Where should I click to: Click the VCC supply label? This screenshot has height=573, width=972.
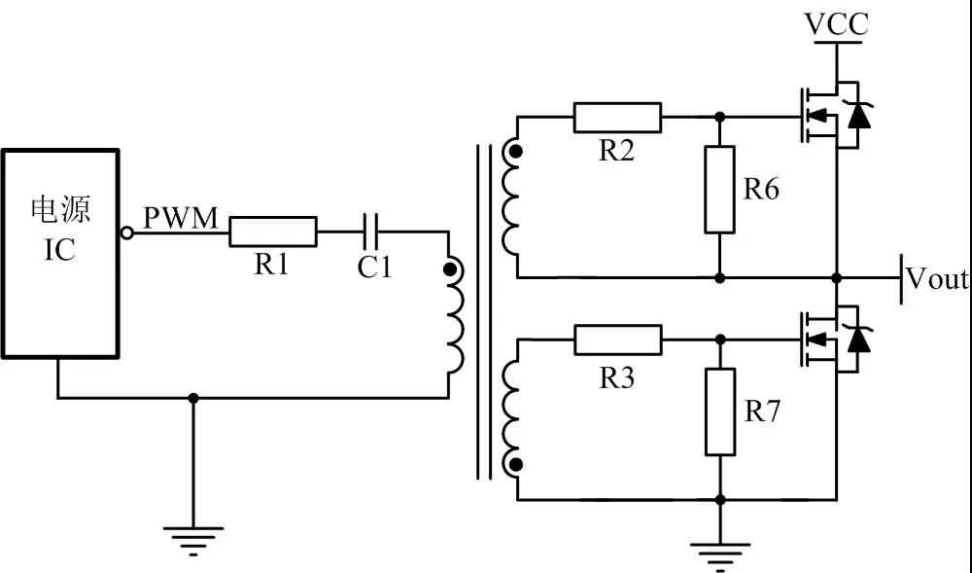[837, 23]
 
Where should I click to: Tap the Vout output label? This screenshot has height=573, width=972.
[937, 279]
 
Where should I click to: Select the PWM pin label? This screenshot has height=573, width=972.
[182, 218]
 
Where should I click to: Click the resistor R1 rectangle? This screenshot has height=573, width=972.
[273, 232]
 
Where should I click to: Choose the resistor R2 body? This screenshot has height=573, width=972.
[618, 117]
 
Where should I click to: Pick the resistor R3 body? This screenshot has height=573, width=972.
[618, 340]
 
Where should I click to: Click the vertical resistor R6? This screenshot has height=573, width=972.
[719, 190]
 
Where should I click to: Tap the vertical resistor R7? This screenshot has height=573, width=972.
[719, 412]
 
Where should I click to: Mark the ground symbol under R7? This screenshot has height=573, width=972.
[719, 556]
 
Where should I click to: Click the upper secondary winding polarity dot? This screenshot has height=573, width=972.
[514, 152]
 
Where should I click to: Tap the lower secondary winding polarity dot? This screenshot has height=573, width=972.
[514, 465]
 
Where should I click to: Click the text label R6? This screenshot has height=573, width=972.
[762, 190]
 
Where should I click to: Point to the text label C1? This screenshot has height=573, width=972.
[374, 268]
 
